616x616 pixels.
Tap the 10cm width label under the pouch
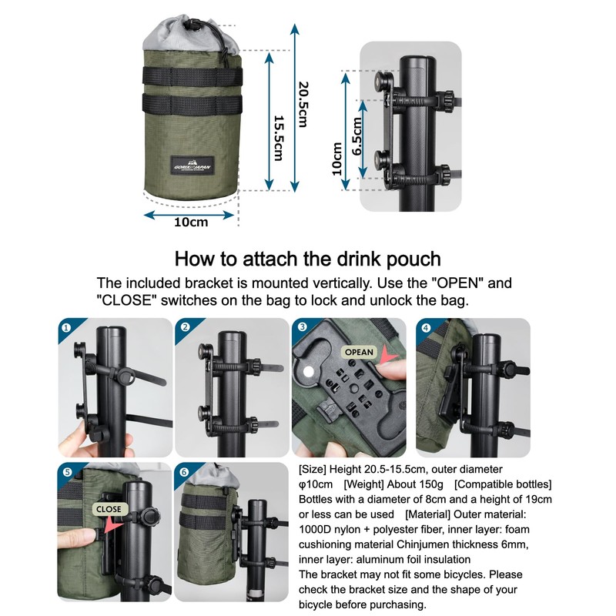[191, 223]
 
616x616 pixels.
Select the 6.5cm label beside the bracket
[357, 137]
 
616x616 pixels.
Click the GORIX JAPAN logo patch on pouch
[194, 165]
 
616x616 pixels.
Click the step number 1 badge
[66, 326]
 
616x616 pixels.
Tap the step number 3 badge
[303, 326]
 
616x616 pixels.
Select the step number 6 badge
[184, 471]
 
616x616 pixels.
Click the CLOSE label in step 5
[109, 509]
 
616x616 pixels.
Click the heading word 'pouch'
[412, 259]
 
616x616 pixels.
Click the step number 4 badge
[426, 326]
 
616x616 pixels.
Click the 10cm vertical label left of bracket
[336, 159]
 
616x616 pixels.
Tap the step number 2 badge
[184, 326]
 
